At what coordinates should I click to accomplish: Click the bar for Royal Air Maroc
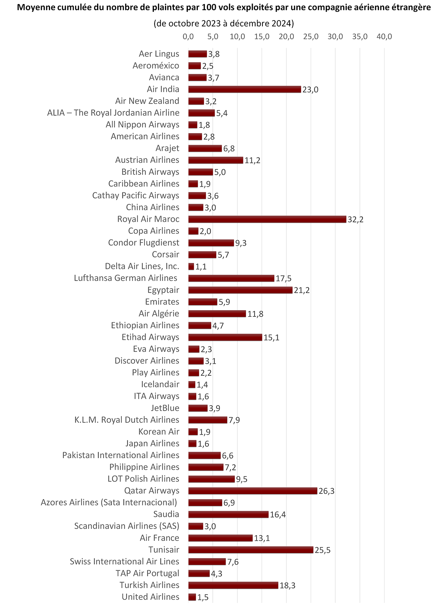click(x=267, y=219)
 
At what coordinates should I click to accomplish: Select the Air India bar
click(x=245, y=89)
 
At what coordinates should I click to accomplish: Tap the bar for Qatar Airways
click(x=253, y=491)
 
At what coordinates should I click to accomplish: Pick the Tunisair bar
click(x=251, y=550)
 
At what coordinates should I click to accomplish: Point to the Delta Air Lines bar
click(x=191, y=267)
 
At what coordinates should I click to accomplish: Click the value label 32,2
click(x=355, y=220)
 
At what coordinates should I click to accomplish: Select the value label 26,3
click(x=326, y=491)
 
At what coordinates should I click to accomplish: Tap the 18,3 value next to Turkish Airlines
click(x=287, y=586)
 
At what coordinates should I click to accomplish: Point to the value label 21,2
click(x=302, y=290)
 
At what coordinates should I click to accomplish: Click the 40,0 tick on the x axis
click(x=384, y=37)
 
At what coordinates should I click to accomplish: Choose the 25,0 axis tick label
click(x=311, y=37)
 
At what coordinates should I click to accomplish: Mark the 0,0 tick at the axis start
click(x=188, y=37)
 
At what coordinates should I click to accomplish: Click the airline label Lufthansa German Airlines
click(x=125, y=278)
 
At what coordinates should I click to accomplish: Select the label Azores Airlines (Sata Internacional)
click(x=109, y=503)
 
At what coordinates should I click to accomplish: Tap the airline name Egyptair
click(x=163, y=290)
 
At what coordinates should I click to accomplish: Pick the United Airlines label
click(x=150, y=597)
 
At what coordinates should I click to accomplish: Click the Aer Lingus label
click(x=159, y=54)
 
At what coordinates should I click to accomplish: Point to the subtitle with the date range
click(x=224, y=23)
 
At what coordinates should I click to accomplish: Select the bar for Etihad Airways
click(x=225, y=337)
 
